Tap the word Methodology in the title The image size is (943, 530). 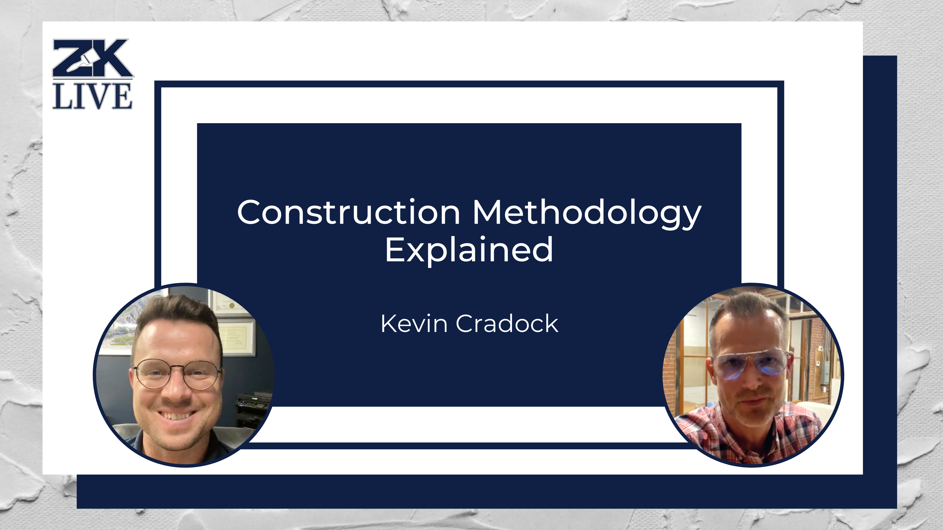[587, 213]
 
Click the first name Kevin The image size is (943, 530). [414, 324]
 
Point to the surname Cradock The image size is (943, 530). [507, 324]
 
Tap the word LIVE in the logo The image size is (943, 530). [92, 96]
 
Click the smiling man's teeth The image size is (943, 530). [177, 416]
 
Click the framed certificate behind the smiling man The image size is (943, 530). [238, 336]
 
